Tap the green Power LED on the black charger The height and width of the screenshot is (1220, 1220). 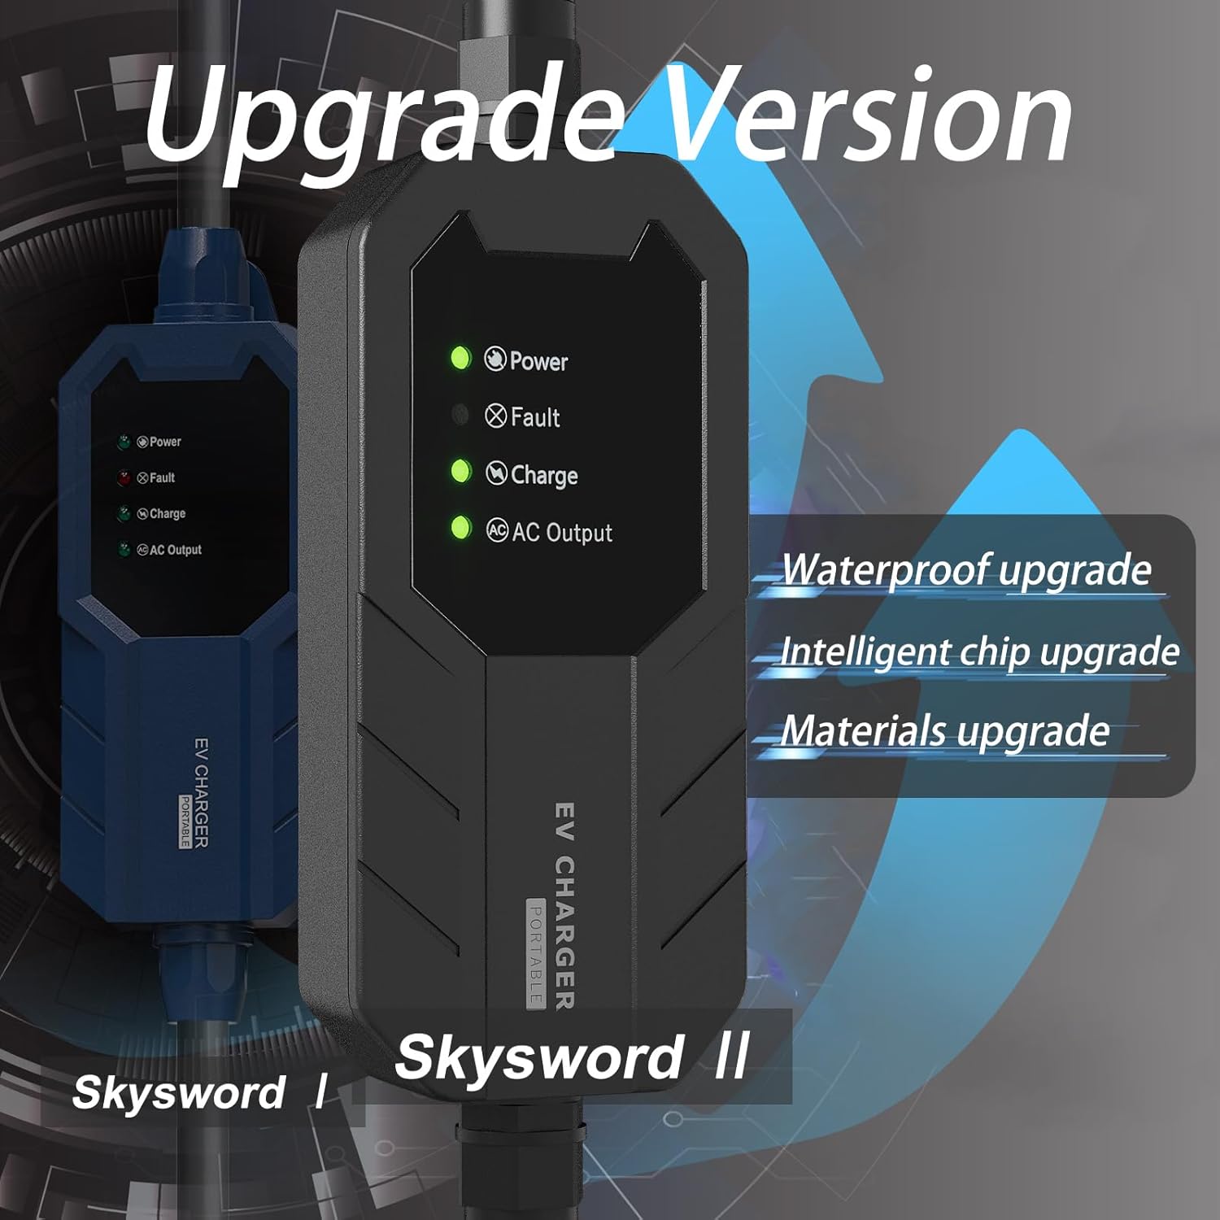coord(460,358)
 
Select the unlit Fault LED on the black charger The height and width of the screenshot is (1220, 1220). coord(460,416)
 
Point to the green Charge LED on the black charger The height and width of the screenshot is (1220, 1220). coord(460,472)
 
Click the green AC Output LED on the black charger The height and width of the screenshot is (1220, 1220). coord(460,528)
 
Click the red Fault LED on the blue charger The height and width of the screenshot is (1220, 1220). coord(124,477)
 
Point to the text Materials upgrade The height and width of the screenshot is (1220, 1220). coord(945,731)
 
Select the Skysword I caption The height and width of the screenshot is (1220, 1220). coord(199,1092)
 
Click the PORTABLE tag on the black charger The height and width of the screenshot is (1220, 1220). coord(535,952)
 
